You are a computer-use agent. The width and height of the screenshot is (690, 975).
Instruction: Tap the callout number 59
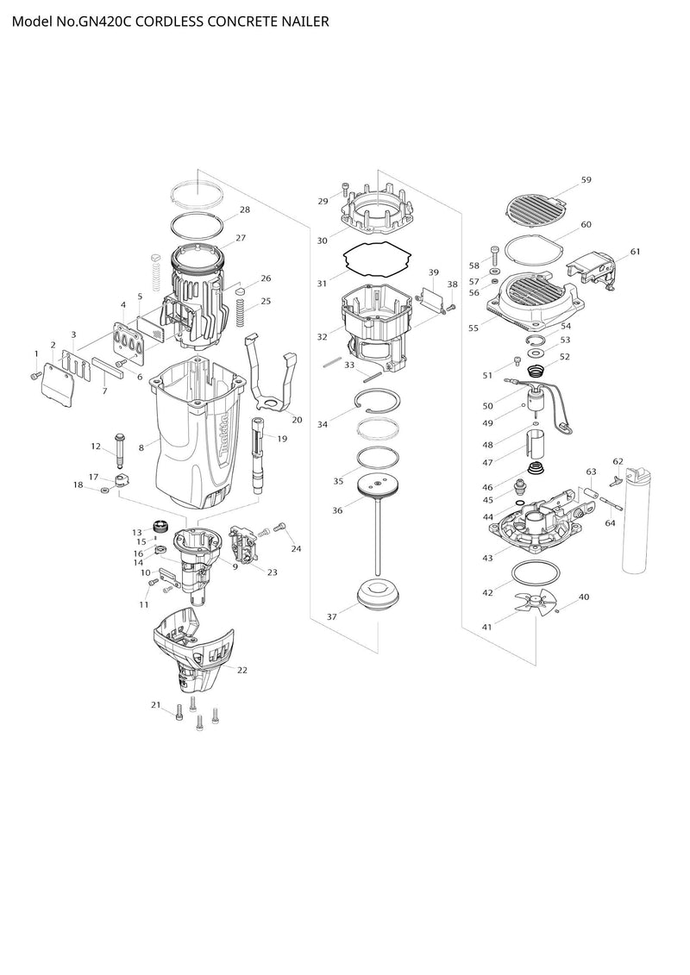point(586,179)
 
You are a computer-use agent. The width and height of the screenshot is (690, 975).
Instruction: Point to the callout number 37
point(331,616)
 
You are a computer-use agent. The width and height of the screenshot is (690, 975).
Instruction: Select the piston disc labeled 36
point(378,487)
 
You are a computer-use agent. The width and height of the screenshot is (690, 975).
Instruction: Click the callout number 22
point(242,670)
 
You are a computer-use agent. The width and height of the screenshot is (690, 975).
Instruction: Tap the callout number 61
point(635,252)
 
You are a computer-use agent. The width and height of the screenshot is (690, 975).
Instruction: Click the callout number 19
point(282,439)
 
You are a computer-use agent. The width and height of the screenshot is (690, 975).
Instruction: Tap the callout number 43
point(487,558)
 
